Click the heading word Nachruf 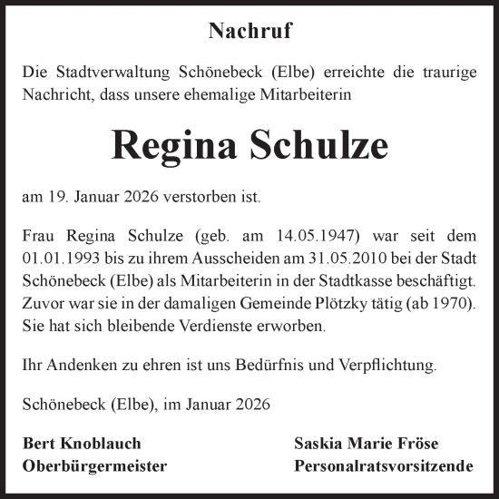tap(249, 32)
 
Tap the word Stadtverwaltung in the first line tap(103, 71)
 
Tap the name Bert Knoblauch tap(81, 445)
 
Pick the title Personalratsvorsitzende tap(384, 467)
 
